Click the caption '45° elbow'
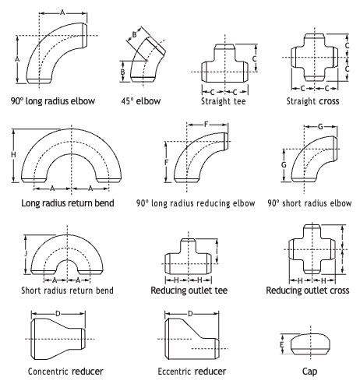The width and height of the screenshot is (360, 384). point(141,100)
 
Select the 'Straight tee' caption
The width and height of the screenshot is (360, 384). point(224,100)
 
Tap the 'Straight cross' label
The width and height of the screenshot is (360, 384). point(312,100)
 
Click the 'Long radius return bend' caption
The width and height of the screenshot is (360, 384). point(68,203)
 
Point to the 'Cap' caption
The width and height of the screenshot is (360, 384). point(309,372)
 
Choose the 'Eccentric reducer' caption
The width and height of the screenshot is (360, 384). point(192,372)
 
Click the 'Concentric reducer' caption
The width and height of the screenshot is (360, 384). point(65,372)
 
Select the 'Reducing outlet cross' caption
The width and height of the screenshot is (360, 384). point(308,290)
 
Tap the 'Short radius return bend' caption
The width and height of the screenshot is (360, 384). point(67,290)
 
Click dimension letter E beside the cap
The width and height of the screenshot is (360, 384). point(282,345)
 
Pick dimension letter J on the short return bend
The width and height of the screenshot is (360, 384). point(26,253)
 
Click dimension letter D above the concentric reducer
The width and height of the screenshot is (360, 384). point(58,314)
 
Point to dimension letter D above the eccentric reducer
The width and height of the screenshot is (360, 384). point(190,314)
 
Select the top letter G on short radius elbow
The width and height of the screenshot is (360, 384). point(320,127)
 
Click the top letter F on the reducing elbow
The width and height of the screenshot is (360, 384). point(206,125)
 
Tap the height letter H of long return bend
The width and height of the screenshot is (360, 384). point(13,155)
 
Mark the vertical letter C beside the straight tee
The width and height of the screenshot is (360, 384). point(255,58)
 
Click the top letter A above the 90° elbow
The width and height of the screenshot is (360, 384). point(62,12)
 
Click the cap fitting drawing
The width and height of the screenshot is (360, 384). point(311,344)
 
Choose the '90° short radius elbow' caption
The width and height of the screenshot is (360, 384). point(309,203)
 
